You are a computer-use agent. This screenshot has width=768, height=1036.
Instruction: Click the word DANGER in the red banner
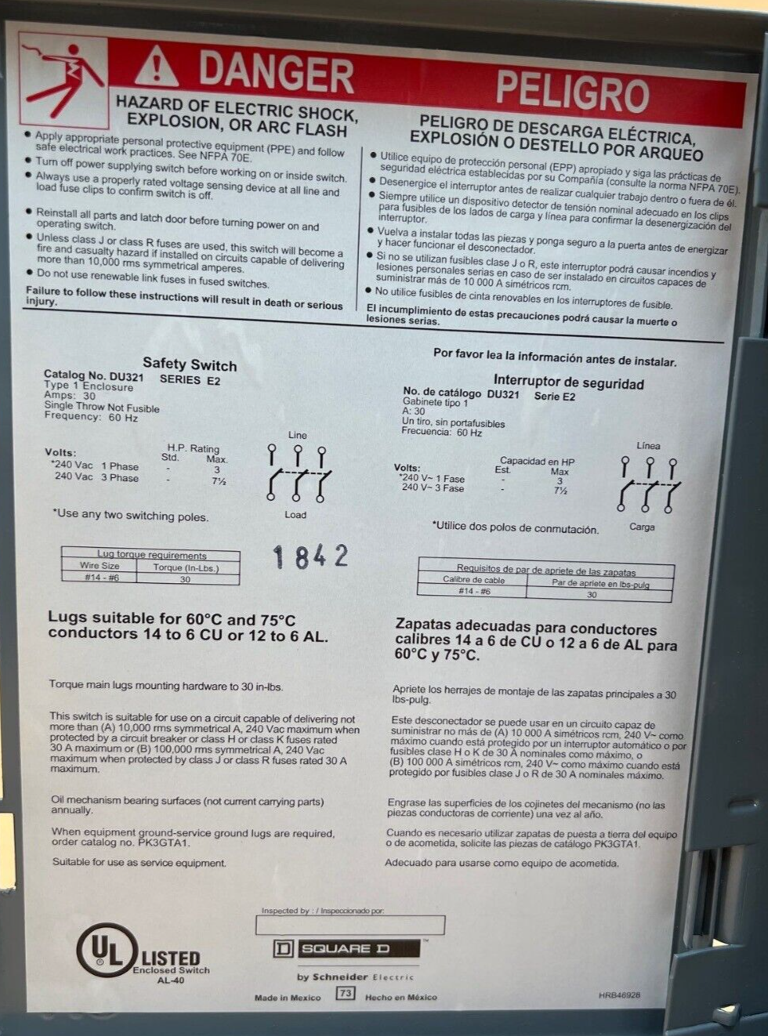click(276, 74)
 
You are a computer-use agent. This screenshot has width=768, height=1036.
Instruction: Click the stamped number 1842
click(310, 556)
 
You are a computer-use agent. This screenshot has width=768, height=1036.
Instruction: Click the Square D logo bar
click(346, 949)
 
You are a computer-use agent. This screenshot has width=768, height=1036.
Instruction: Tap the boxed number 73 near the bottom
click(346, 993)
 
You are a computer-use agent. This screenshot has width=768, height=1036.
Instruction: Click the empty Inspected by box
click(350, 925)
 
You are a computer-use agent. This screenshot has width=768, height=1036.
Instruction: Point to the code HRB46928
click(619, 995)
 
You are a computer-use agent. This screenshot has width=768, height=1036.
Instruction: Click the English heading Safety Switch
click(190, 364)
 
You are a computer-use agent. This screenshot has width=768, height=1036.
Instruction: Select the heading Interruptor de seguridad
click(568, 382)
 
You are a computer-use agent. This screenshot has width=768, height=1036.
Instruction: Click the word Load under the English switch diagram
click(295, 515)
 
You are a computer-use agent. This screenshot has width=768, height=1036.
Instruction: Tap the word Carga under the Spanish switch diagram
click(642, 527)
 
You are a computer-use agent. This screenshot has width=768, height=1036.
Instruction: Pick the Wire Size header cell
click(99, 565)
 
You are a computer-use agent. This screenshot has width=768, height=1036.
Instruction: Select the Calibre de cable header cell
click(473, 580)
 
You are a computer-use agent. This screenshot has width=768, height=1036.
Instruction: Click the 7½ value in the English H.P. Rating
click(219, 480)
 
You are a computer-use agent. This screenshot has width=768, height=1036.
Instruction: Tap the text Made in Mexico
click(288, 998)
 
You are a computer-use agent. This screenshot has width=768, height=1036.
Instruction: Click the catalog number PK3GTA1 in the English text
click(158, 842)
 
